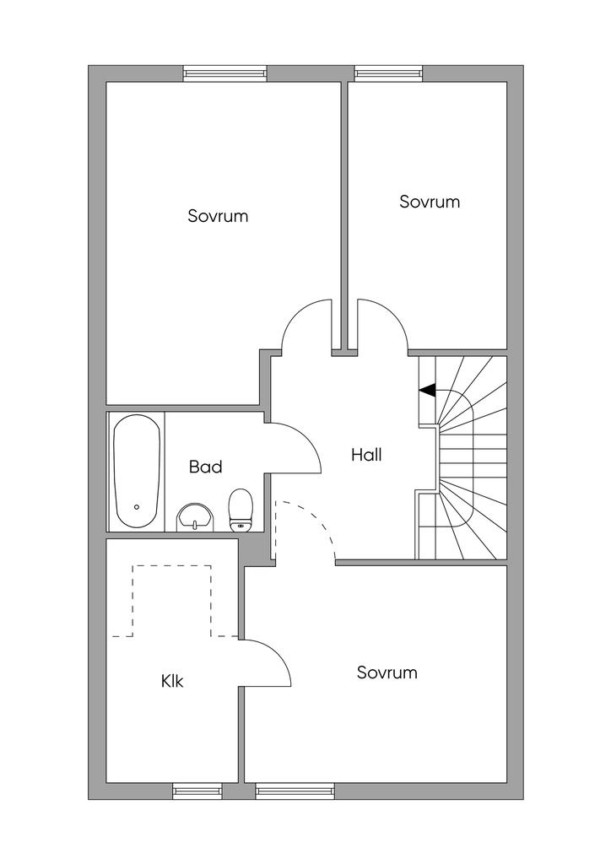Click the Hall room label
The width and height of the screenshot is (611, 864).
[366, 455]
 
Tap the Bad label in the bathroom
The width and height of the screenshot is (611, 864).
[206, 467]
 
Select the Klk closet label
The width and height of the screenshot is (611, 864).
[172, 681]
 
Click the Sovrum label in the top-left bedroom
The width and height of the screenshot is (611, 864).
[218, 215]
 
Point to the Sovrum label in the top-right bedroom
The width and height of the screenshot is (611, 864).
[430, 202]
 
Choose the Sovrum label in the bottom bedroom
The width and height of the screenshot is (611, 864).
[387, 672]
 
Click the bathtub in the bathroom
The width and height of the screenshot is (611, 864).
[138, 472]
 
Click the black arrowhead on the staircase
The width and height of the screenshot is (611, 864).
[428, 390]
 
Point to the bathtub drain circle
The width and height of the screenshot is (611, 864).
[137, 507]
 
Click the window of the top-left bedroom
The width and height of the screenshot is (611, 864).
[224, 73]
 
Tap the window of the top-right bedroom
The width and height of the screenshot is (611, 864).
[389, 73]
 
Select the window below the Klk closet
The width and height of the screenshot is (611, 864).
[197, 791]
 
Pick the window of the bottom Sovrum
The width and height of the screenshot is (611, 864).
[295, 791]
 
